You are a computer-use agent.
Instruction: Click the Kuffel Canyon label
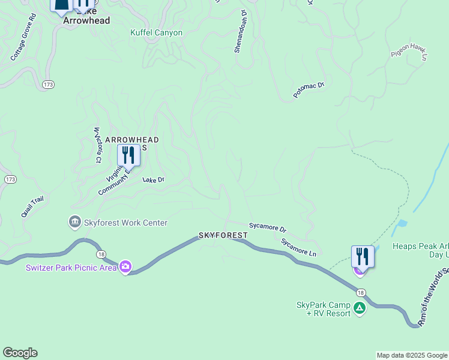pyautogui.click(x=156, y=32)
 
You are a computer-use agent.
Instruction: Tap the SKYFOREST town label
pyautogui.click(x=223, y=235)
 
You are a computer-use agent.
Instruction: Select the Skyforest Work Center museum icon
pyautogui.click(x=76, y=223)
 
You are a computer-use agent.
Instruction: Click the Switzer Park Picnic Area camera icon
pyautogui.click(x=125, y=266)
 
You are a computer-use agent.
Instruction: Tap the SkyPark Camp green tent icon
pyautogui.click(x=359, y=308)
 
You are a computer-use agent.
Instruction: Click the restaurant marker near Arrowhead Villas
pyautogui.click(x=128, y=155)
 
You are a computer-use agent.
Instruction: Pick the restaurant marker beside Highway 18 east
pyautogui.click(x=363, y=256)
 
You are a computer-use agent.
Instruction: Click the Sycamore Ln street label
pyautogui.click(x=299, y=247)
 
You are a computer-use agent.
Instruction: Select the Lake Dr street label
pyautogui.click(x=153, y=179)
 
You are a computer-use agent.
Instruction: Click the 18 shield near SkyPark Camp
pyautogui.click(x=360, y=292)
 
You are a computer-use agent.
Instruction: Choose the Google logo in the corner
pyautogui.click(x=20, y=353)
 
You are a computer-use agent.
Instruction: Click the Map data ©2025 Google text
pyautogui.click(x=412, y=356)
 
